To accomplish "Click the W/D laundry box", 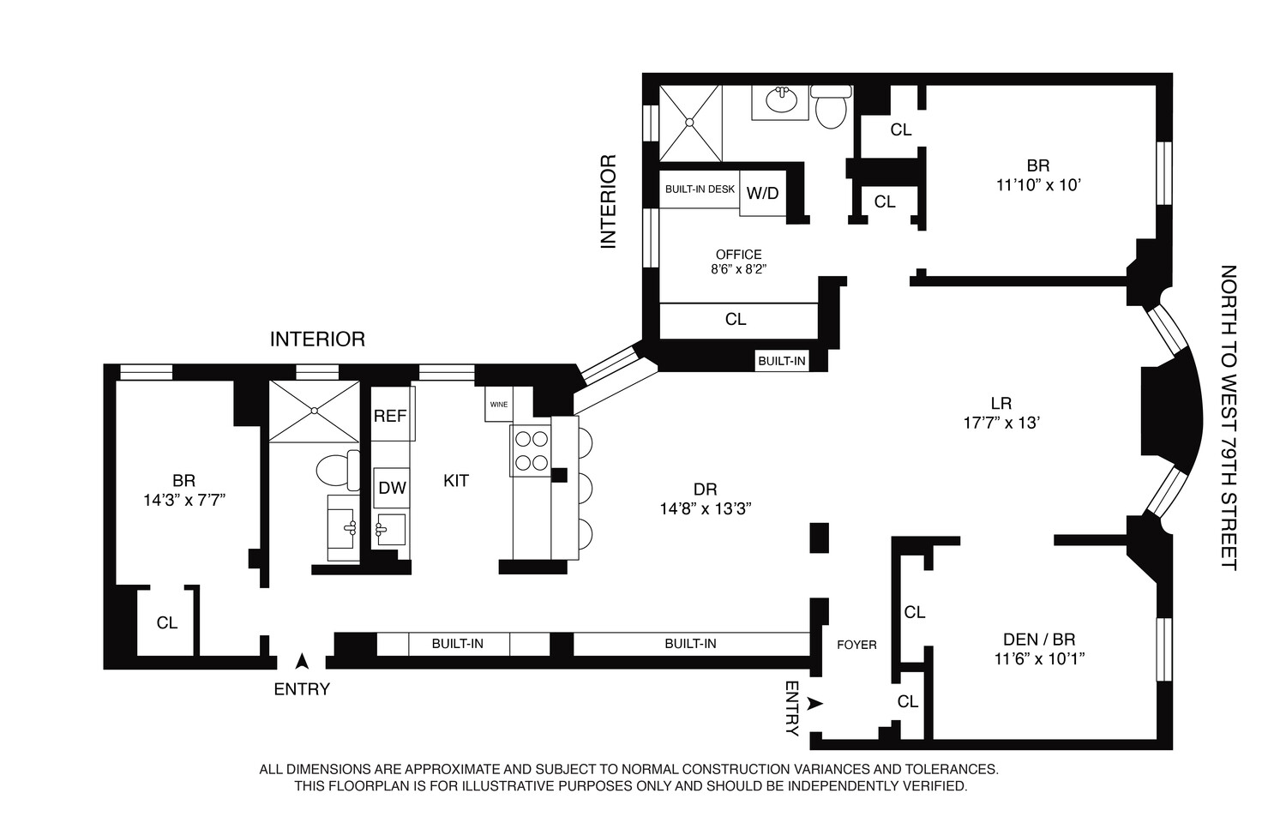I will pos(762,194).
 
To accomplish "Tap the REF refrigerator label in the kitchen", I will pos(390,416).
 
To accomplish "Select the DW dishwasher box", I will pos(392,488).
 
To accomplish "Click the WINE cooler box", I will pos(498,404).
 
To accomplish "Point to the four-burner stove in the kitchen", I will pos(530,451).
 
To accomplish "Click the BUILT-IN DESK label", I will pos(700,189).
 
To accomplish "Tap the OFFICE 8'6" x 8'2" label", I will pos(739,261).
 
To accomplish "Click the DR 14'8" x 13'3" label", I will pos(705,499).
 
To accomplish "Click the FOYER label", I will pos(856,645).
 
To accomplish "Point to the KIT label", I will pos(456,481).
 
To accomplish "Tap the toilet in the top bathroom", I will pos(830,108).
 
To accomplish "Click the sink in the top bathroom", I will pos(781,102).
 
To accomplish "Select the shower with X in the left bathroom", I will pos(314,411).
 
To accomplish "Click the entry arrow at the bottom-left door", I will pos(302,661).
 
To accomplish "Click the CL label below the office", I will pos(736,319).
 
